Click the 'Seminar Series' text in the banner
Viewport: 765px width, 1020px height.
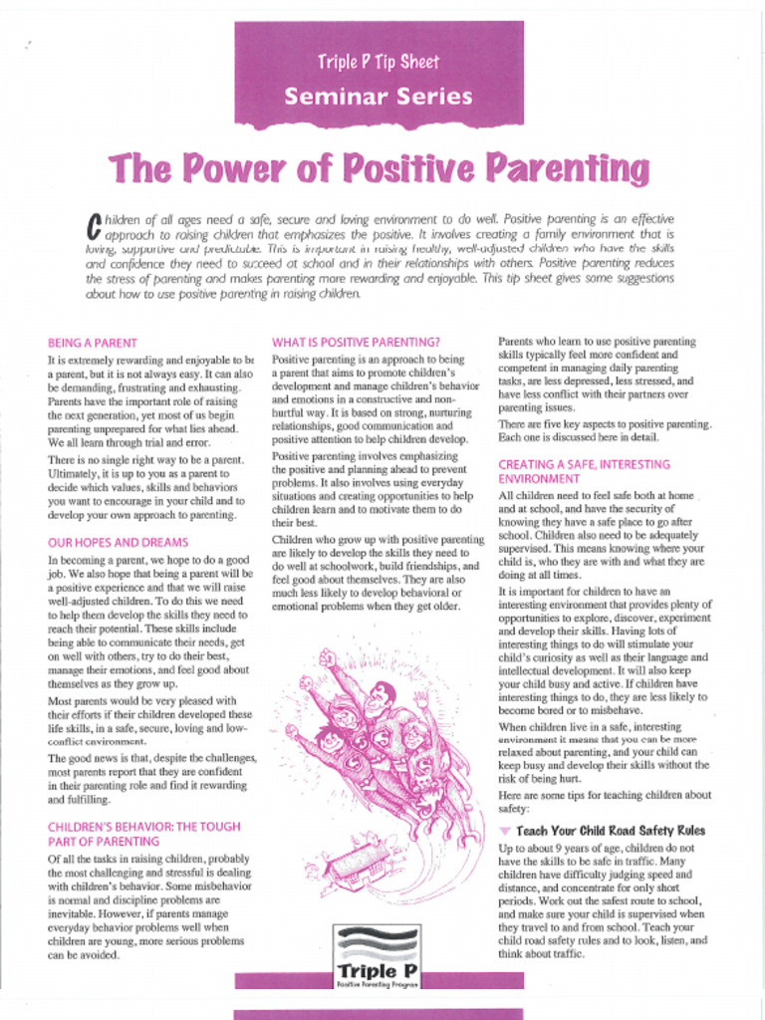coord(379,97)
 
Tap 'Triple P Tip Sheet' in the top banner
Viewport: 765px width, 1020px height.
coord(379,62)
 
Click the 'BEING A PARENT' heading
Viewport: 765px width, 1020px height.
coord(93,342)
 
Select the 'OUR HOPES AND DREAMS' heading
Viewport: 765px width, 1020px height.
coord(118,543)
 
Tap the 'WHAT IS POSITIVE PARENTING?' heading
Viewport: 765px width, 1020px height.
coord(356,342)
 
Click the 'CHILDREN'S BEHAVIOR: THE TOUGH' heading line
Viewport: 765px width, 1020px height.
coord(143,827)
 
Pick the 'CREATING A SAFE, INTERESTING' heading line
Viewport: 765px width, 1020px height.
coord(584,464)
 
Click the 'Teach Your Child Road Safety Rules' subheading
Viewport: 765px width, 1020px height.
coord(611,831)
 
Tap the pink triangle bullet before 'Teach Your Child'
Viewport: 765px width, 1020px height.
coord(505,831)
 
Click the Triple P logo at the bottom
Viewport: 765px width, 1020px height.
coord(377,955)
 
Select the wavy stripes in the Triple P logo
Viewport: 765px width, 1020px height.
coord(377,941)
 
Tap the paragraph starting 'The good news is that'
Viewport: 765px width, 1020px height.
coord(151,779)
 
